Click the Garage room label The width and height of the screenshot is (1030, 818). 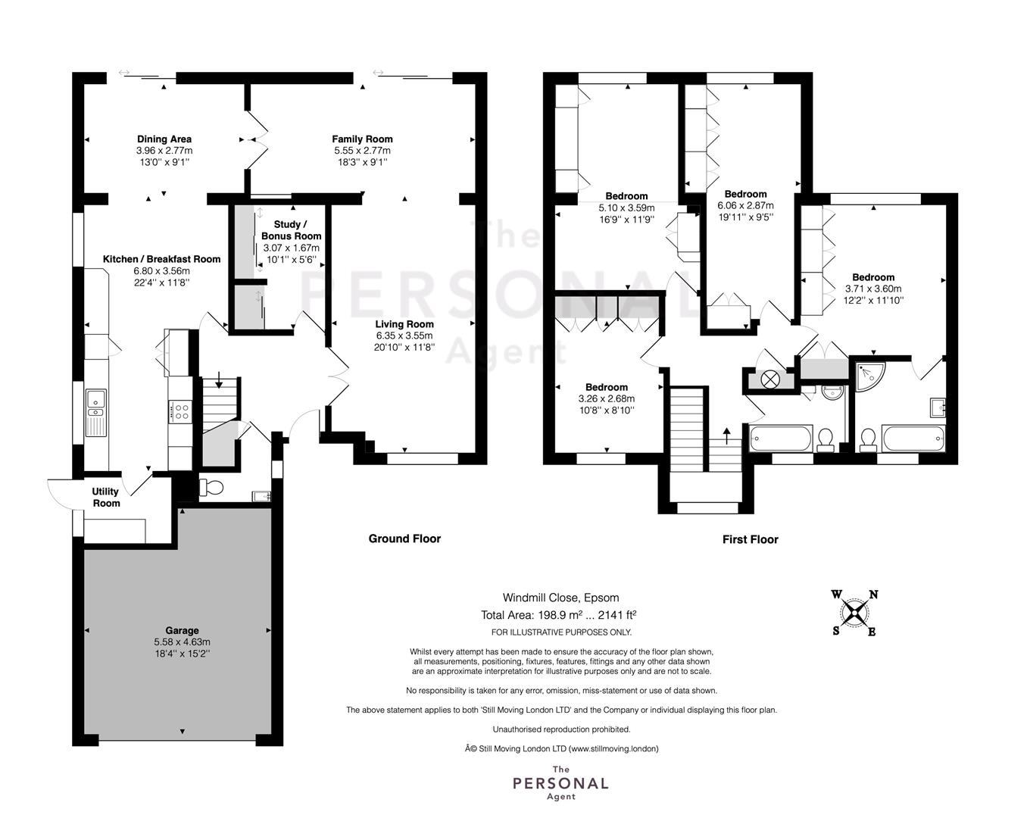(182, 630)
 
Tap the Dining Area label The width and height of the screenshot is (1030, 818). (164, 139)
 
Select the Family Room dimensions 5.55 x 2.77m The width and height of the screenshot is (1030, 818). (362, 151)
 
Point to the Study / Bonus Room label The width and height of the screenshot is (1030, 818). (291, 230)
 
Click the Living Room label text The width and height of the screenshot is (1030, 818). (404, 324)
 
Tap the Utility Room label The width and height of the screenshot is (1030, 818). (106, 498)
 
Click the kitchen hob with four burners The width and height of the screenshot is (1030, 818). (182, 411)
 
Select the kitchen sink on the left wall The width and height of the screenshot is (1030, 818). (95, 413)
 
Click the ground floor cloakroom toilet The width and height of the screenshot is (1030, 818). (211, 488)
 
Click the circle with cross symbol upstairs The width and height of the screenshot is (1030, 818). (770, 380)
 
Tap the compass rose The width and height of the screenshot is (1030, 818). (854, 613)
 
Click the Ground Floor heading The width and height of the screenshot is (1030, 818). (404, 539)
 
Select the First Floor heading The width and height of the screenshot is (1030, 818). (750, 540)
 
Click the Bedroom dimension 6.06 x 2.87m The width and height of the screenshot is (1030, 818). (745, 206)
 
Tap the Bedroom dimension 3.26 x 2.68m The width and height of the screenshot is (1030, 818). (607, 398)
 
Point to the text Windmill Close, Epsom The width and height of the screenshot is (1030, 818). (560, 598)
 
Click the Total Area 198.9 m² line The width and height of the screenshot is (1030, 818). (559, 615)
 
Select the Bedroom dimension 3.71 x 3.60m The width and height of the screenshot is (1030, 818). (873, 289)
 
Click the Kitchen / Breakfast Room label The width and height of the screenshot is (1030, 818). (162, 260)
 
